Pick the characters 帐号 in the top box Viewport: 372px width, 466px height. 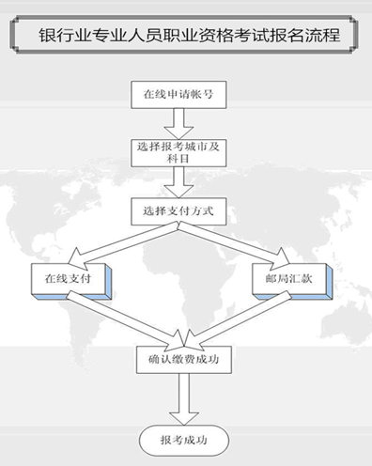pos(201,94)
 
